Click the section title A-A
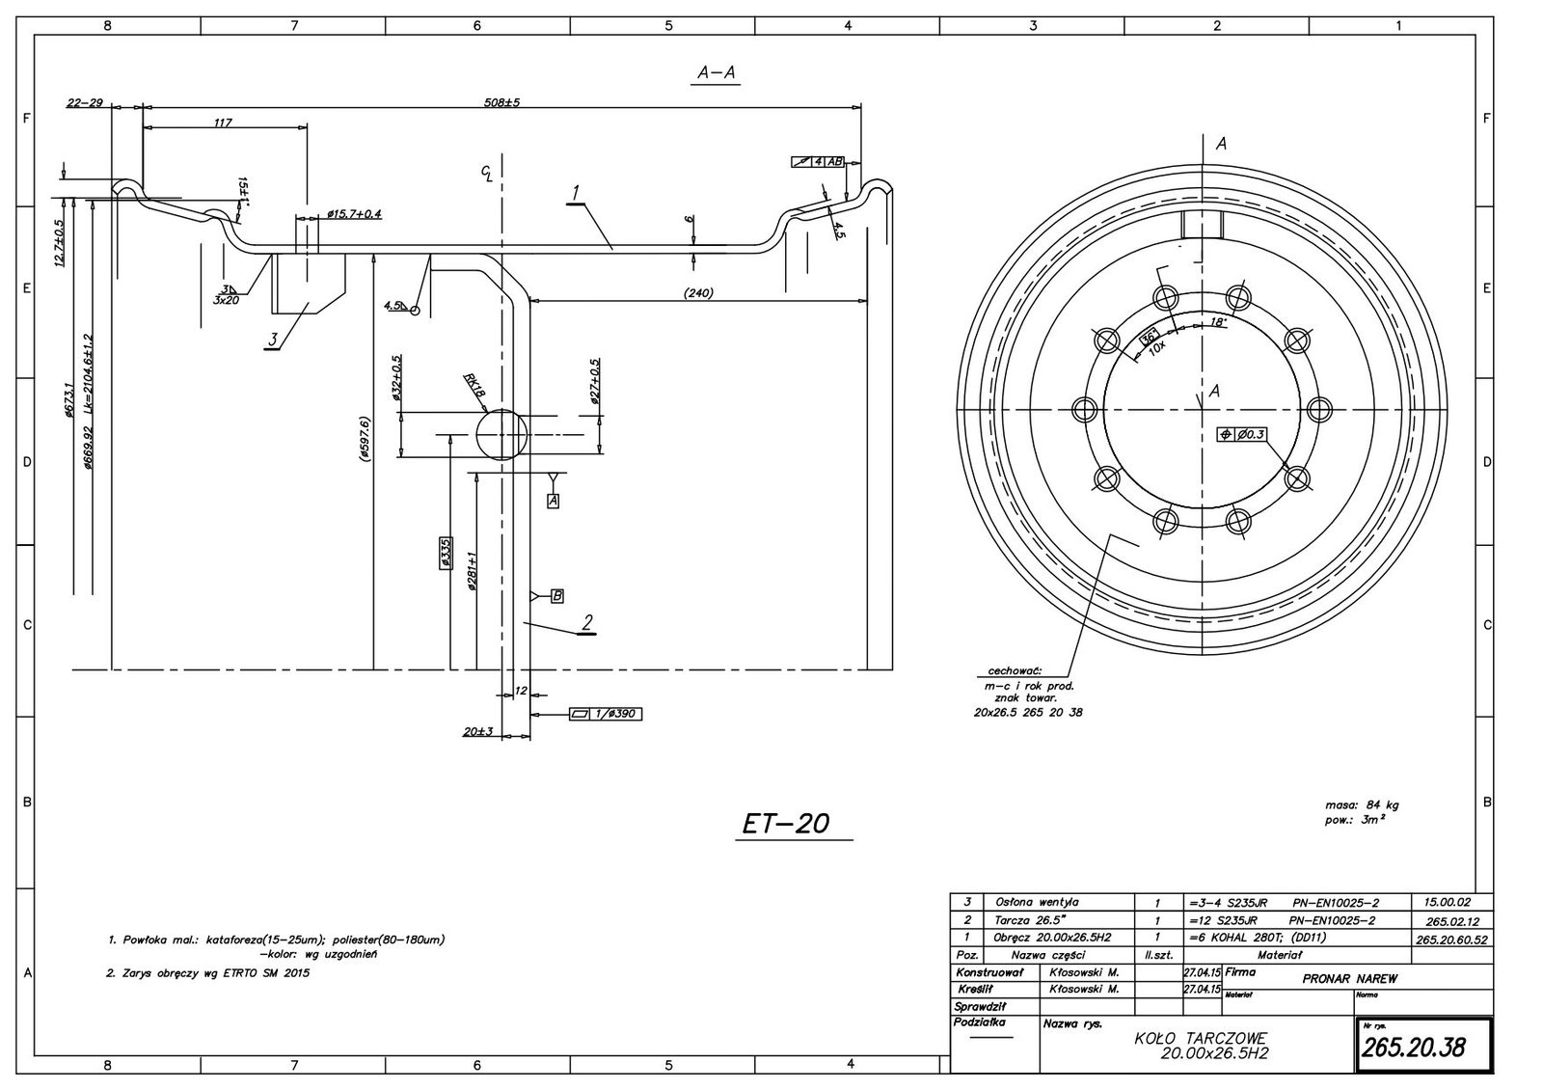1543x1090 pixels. point(716,72)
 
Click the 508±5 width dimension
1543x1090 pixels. point(501,101)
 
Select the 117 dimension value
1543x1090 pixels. point(223,123)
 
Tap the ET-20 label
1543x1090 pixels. point(786,824)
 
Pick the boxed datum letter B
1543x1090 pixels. point(556,596)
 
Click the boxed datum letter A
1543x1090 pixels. point(553,501)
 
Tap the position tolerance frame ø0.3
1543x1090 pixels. point(1242,435)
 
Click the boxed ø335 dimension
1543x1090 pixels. point(445,554)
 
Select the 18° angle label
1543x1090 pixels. point(1218,323)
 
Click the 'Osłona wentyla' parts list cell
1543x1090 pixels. point(1037,902)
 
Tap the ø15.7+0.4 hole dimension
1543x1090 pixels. point(354,213)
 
